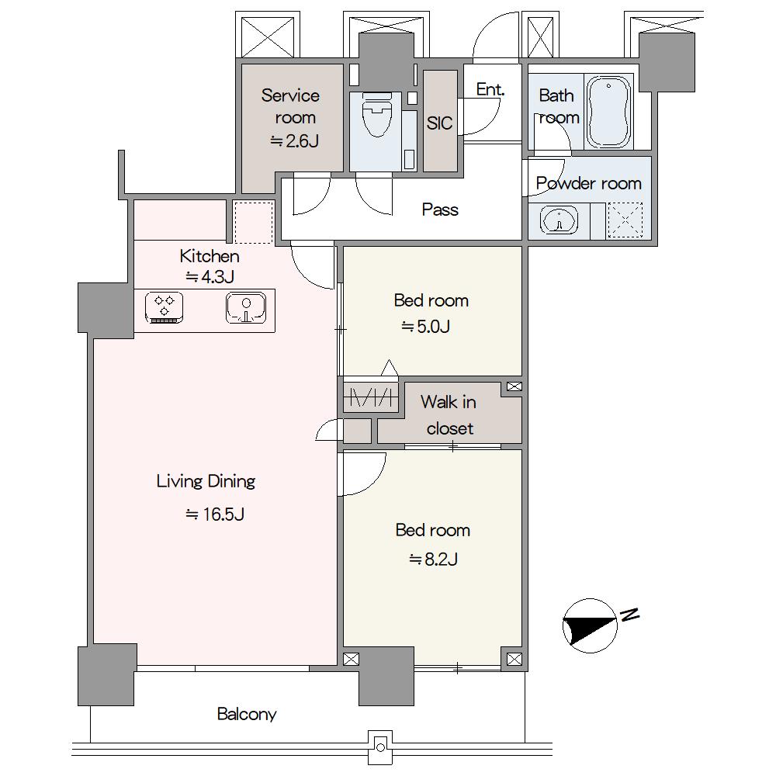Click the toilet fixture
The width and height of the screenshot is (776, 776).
point(377,114)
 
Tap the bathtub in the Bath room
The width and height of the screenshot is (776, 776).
point(608,112)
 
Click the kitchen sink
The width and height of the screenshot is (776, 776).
point(246,307)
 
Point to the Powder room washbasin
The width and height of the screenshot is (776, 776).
point(559,220)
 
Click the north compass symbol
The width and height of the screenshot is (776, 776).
point(591,625)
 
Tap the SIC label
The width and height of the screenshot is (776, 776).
point(439,123)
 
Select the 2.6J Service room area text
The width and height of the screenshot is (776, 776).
point(294,141)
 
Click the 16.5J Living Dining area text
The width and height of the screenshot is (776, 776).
point(215,514)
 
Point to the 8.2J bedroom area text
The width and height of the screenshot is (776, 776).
point(433,559)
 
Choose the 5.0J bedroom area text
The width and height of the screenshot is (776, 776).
point(425,327)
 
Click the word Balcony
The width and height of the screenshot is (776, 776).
point(247,714)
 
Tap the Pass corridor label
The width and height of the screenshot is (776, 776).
point(440,210)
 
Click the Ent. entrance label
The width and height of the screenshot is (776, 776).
point(490,89)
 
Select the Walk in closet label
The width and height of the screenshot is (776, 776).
point(449,414)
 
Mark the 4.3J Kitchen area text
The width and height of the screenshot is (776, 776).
point(210,277)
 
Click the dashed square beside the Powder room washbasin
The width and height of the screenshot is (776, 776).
point(625,220)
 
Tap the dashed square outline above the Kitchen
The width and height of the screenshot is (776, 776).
point(254,222)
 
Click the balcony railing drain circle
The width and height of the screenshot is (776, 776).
point(380,747)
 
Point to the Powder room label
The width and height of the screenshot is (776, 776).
point(588,184)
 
